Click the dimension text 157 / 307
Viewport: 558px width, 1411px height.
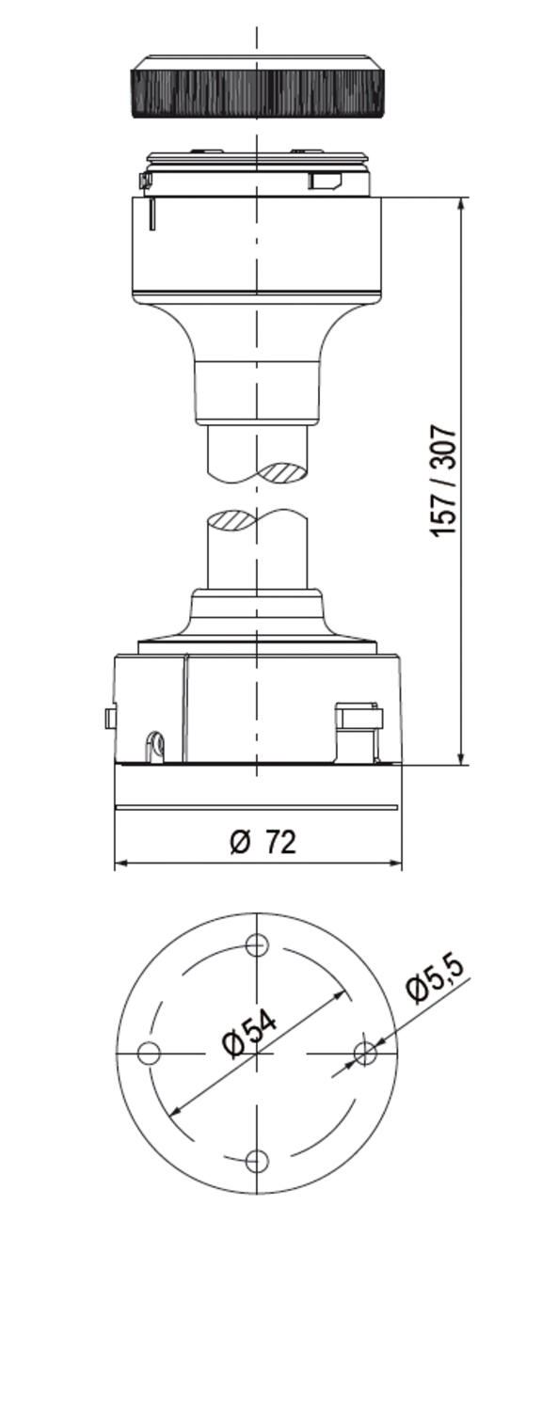coord(443,481)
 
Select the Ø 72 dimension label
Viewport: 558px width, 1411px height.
coord(263,842)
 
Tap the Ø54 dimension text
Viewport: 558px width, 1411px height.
coord(249,1035)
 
